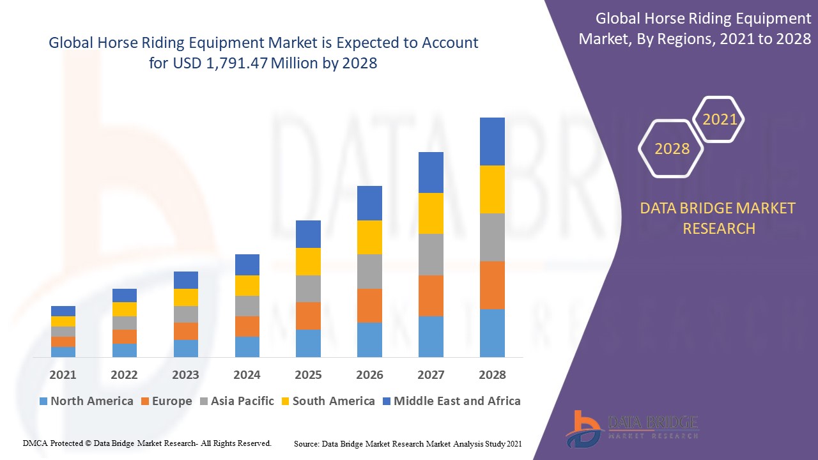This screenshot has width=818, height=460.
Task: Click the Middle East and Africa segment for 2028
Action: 492,141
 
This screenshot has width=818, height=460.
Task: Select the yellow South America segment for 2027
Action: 431,213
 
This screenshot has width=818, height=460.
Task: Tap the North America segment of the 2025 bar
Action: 308,343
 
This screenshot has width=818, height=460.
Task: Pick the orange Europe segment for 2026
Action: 369,305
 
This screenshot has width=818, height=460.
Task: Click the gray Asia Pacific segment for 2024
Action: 247,306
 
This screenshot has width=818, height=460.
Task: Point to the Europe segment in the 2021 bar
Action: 63,342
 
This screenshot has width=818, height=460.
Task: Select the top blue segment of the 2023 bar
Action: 186,280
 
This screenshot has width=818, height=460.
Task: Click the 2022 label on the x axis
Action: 124,375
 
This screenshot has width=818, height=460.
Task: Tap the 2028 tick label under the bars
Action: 492,375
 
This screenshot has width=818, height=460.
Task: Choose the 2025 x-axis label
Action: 308,375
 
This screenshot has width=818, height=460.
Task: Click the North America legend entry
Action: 86,401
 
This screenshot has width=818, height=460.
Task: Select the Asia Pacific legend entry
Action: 236,401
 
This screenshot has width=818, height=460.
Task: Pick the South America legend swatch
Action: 284,401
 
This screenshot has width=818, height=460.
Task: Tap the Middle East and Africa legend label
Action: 457,401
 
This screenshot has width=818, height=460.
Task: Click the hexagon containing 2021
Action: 720,119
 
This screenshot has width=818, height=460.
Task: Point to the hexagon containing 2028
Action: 672,149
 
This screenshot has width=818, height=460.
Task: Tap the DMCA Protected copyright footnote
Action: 148,443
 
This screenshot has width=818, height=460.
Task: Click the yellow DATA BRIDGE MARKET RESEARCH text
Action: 718,218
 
